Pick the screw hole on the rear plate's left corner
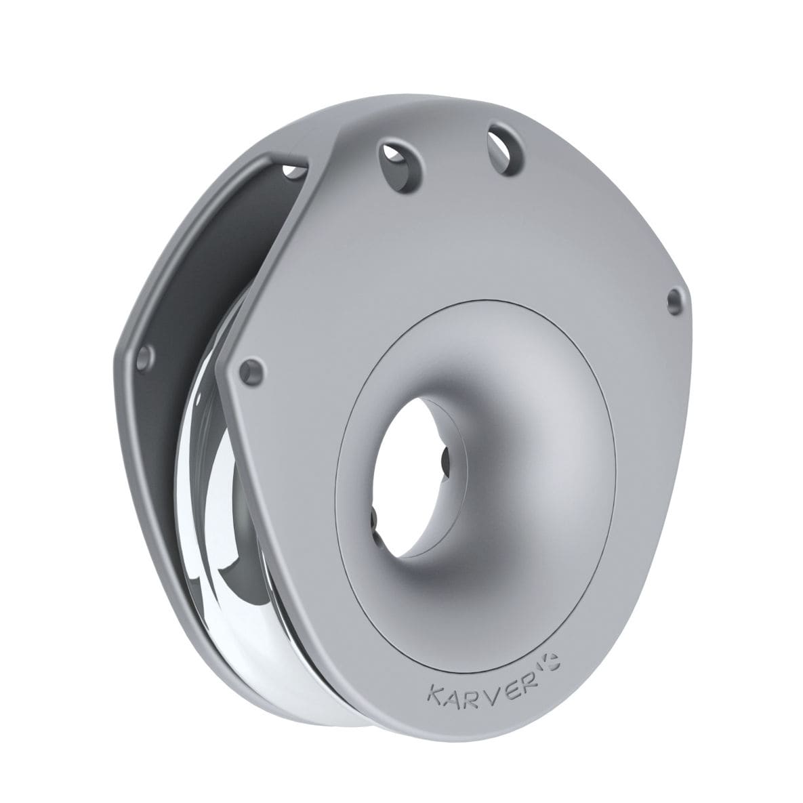click(144, 358)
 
